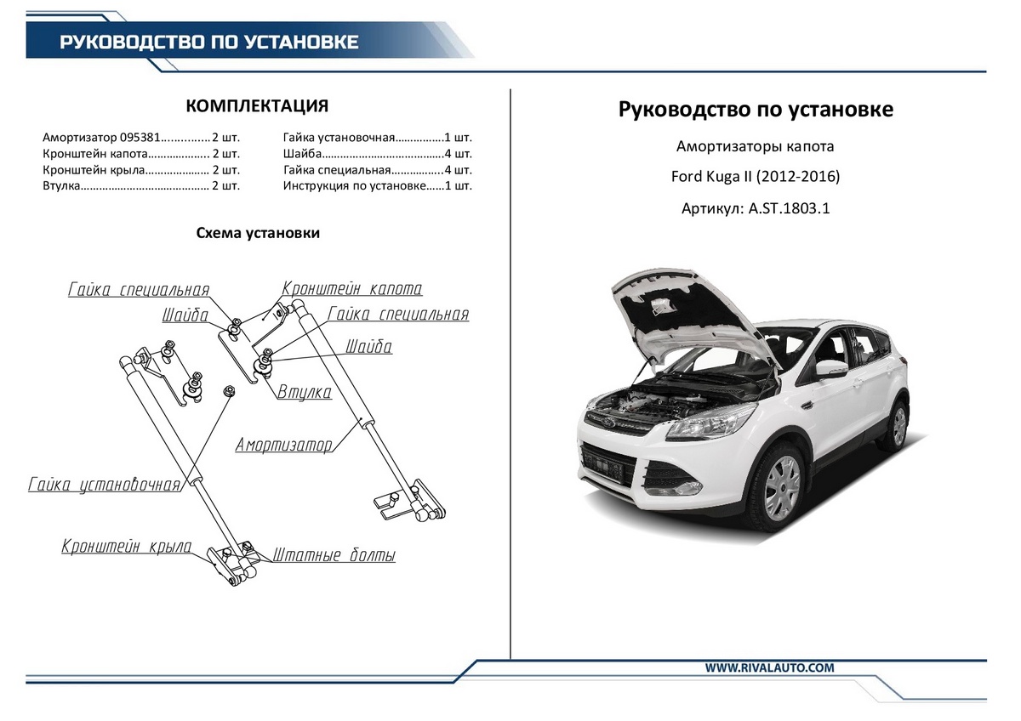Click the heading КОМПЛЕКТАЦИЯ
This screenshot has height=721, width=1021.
click(256, 105)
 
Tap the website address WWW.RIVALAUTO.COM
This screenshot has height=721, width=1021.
click(769, 668)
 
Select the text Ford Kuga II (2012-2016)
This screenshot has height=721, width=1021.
click(756, 178)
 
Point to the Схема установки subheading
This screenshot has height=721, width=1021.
click(258, 233)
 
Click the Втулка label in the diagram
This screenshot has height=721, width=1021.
click(304, 392)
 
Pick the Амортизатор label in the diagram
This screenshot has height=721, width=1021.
click(283, 445)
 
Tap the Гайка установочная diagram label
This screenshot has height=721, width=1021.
click(104, 485)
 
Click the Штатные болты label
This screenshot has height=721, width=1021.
click(334, 556)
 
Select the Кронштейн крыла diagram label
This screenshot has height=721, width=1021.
click(126, 547)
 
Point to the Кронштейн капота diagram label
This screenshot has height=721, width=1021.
click(351, 289)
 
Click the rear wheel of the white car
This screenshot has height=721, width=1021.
click(896, 425)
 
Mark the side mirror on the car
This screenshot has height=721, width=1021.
click(831, 369)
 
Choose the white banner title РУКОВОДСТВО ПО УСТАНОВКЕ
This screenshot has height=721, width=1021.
click(208, 42)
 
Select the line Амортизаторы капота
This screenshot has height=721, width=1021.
click(756, 146)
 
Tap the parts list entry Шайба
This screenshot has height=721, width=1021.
click(302, 154)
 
